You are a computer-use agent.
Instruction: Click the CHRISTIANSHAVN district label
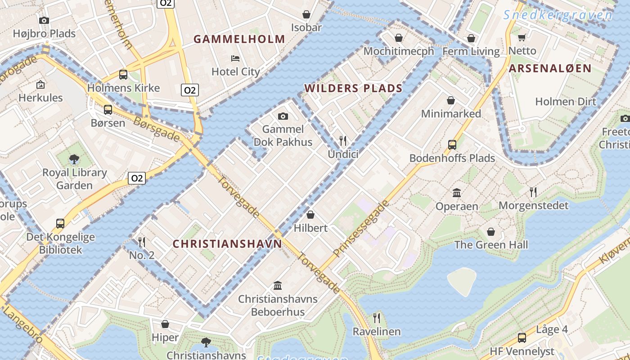click(x=227, y=244)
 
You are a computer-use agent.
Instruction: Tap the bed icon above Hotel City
click(x=235, y=58)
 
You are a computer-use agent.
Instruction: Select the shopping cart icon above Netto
click(x=522, y=37)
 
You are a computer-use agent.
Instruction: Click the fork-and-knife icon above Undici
click(x=343, y=141)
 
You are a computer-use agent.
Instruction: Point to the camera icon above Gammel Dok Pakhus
click(x=283, y=117)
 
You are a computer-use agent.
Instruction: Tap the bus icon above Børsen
click(x=108, y=109)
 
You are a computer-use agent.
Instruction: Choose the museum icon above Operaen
click(x=457, y=193)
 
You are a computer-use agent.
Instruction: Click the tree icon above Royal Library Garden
click(x=74, y=159)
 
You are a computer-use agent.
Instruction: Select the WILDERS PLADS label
click(x=353, y=88)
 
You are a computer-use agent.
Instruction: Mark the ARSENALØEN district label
click(x=550, y=68)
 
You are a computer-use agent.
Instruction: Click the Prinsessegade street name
click(x=361, y=229)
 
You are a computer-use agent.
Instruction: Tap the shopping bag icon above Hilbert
click(x=310, y=215)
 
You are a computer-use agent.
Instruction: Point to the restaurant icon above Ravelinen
click(x=377, y=318)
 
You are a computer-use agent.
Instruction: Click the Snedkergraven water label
click(x=558, y=15)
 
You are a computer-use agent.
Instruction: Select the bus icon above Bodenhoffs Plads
click(x=452, y=145)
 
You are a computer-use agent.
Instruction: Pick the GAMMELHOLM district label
click(x=239, y=39)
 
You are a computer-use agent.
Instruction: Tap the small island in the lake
click(x=461, y=280)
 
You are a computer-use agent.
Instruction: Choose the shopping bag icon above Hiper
click(x=165, y=324)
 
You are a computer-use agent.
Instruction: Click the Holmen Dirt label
click(x=565, y=102)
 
